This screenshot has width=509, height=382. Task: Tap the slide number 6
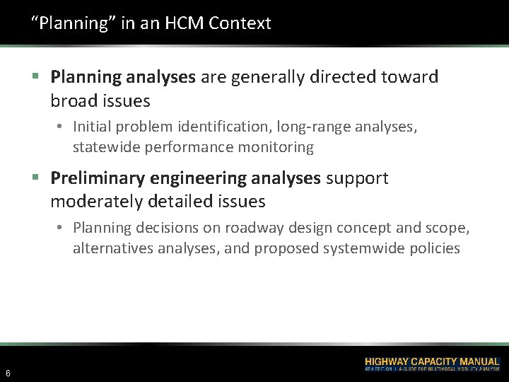pos(7,373)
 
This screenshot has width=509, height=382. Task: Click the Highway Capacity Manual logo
pos(431,364)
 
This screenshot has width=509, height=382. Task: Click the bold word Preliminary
pos(97,178)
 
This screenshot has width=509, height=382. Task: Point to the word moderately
pos(95,202)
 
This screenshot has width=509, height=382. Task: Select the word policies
pos(438,248)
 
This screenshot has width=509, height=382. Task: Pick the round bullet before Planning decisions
pos(62,228)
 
